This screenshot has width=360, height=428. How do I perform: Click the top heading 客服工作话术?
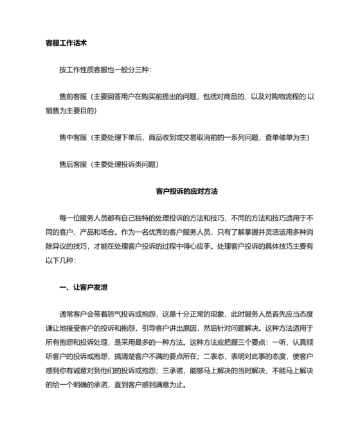(x=66, y=44)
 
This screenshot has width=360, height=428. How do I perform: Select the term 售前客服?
(x=73, y=97)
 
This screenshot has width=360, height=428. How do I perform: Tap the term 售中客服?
(x=73, y=137)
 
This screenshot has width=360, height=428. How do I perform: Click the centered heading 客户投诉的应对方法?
(x=187, y=191)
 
